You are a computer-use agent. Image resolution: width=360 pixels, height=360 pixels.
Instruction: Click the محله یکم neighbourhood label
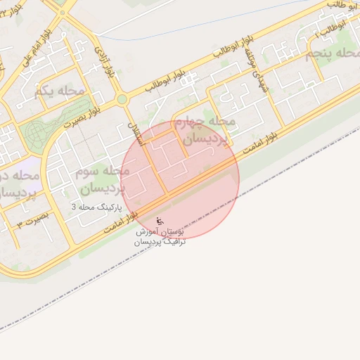[x=58, y=91]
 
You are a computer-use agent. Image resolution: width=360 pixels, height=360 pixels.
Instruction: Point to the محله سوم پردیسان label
[x=103, y=180]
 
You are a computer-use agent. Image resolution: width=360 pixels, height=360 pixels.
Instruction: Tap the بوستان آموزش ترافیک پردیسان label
[x=160, y=236]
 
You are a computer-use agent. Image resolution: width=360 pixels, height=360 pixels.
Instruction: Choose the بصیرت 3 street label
[x=32, y=219]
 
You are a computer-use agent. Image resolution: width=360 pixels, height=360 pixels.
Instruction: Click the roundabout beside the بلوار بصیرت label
[x=122, y=100]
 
